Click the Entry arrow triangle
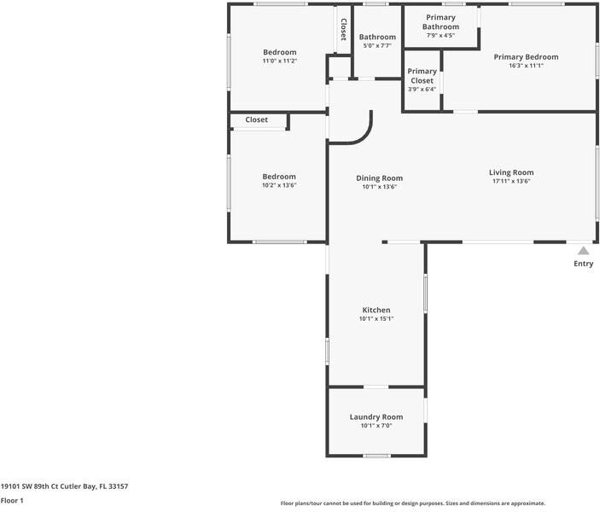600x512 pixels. point(583,251)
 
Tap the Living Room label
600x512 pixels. point(511,172)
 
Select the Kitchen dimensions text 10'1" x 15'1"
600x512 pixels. point(376,319)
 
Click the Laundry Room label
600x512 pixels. point(376,417)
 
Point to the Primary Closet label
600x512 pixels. point(422,76)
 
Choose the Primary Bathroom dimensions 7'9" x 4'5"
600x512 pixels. point(440,35)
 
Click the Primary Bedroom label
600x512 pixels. point(526,57)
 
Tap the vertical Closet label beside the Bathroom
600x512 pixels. point(344,30)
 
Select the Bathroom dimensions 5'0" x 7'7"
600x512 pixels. point(377,45)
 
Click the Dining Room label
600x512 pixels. point(379,178)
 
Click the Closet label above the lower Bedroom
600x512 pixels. point(256,119)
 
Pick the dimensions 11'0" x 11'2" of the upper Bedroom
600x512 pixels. point(280,61)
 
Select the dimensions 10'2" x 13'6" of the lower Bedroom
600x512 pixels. point(279,185)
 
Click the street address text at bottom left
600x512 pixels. point(64,486)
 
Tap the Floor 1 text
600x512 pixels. point(12,501)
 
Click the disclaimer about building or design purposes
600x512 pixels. point(413,503)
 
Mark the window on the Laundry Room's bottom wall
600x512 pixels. point(377,456)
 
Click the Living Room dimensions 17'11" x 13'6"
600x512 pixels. point(511,181)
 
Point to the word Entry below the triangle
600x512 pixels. point(584,264)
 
